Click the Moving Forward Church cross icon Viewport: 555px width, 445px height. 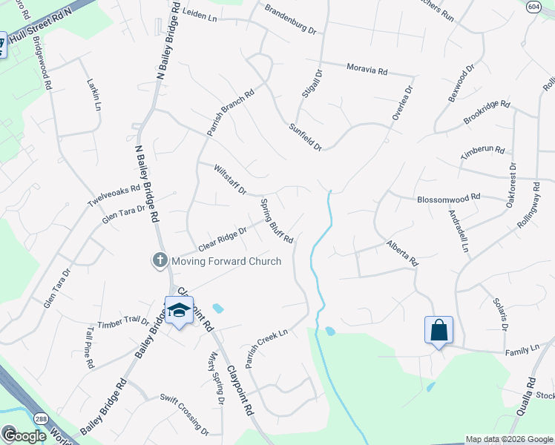160,260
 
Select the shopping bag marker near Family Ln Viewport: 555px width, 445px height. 439,329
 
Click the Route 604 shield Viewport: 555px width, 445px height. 533,6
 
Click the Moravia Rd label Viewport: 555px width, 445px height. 367,70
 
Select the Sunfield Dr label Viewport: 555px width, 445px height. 306,137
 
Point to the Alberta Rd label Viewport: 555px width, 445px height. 403,252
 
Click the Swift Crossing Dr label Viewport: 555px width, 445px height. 185,415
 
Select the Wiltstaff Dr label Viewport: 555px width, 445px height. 230,179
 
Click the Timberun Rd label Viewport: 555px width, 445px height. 482,150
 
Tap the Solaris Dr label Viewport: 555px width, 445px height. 499,314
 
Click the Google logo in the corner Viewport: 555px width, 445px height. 24,436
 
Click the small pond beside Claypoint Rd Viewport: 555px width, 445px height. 217,307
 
